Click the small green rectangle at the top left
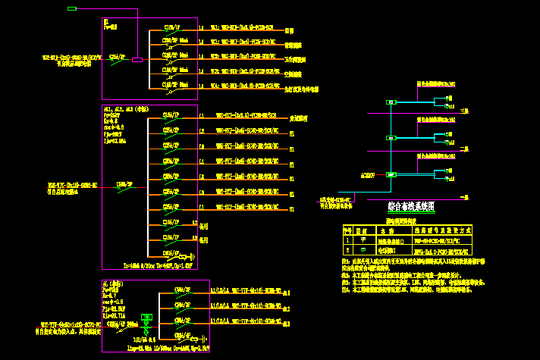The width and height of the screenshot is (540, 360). point(72,8)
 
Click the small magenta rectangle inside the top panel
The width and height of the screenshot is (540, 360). point(137,59)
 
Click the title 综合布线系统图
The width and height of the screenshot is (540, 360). point(410,206)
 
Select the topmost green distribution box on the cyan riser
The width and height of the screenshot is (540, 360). point(391,102)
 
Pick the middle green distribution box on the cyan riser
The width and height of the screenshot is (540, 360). point(391,138)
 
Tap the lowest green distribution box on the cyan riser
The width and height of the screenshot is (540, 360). point(391,174)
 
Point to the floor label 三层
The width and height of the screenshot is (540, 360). point(465,111)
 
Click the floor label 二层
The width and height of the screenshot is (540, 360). point(465,149)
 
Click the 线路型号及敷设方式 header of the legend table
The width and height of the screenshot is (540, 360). point(442,229)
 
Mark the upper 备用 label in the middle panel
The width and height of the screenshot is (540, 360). point(203,226)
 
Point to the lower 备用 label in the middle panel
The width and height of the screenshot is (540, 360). point(203,240)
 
